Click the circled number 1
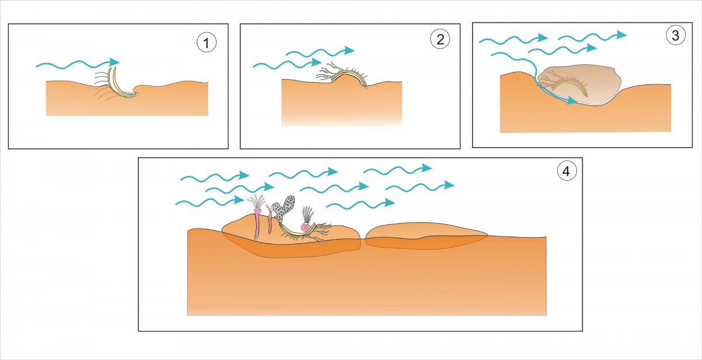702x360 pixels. pos(207,43)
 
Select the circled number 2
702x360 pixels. pos(440,39)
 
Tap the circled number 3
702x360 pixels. pos(676,35)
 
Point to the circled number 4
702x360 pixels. pos(567,171)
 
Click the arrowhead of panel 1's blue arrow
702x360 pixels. pos(115,61)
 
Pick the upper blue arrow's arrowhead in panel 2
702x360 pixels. pos(349,50)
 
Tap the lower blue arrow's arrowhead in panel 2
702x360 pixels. pos(316,62)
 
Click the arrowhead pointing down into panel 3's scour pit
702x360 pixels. pos(572,101)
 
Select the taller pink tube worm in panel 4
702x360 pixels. pos(257,224)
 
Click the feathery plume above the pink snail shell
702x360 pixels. pos(308,214)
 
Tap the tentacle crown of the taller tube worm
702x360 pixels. pos(256,201)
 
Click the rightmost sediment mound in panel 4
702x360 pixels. pos(426,236)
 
